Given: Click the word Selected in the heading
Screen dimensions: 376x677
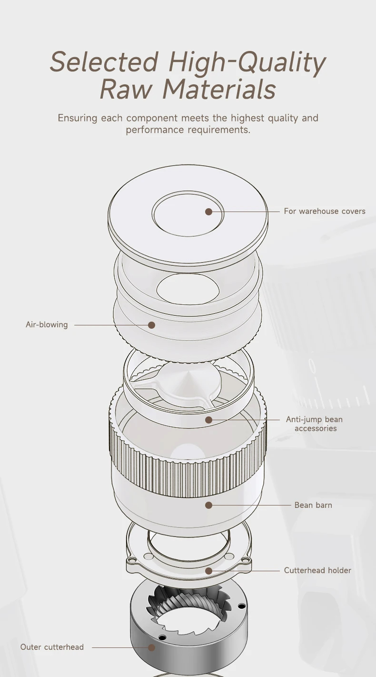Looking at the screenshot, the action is (104, 61).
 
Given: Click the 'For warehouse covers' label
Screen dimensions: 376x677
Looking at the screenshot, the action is (325, 211).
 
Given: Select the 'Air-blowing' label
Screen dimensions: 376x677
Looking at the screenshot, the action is (47, 324).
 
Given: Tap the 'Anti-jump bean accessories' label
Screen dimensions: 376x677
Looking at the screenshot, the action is (315, 424).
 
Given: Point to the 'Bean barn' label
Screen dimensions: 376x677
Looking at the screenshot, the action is (313, 505).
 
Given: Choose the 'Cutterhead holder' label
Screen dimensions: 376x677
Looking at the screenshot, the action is (317, 570).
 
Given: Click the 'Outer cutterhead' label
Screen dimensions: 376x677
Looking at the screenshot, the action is (52, 647).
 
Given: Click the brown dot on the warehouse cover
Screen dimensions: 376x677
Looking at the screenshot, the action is (208, 212).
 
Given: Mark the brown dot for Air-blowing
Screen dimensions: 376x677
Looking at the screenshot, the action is (152, 325).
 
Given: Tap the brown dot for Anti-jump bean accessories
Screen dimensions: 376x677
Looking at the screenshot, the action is (208, 420).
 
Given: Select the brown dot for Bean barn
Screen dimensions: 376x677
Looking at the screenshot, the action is (208, 505).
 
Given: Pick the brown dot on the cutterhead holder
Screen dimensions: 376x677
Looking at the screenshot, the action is (208, 571).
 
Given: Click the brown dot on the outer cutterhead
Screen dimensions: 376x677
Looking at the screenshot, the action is (152, 647).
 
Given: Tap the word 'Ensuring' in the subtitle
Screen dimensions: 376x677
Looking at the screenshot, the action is (78, 118).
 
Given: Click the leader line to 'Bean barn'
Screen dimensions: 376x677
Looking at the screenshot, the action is (252, 505).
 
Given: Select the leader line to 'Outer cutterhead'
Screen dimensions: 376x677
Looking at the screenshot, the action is (120, 647).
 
